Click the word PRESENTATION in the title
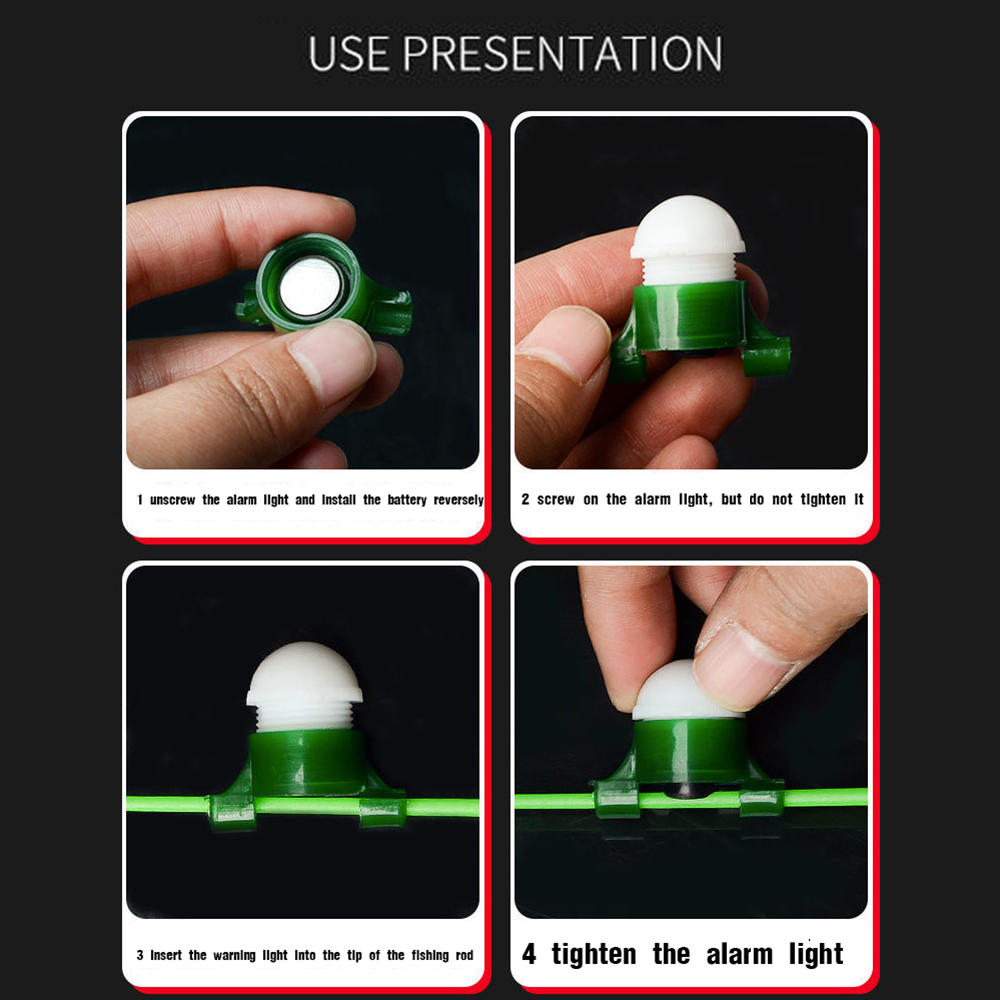coord(563,54)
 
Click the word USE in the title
coord(349,54)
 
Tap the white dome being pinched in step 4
coord(673,692)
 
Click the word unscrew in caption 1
coord(173,500)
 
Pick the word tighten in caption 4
coord(594,955)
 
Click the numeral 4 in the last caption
coord(529,954)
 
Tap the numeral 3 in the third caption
coord(140,955)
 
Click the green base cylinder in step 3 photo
coord(307,763)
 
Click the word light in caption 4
coord(816,955)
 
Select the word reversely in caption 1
coord(458,500)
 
